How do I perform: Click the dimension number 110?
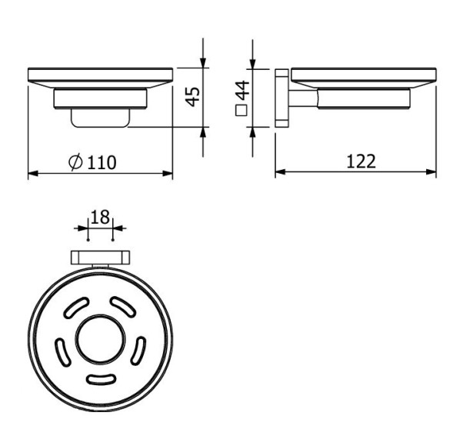(x=100, y=162)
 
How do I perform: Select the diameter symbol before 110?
(x=75, y=162)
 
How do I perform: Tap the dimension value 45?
(x=193, y=95)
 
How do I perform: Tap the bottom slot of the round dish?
(x=100, y=378)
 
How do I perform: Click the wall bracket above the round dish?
(x=100, y=257)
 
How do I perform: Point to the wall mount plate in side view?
(x=281, y=98)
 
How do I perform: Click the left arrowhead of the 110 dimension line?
(x=32, y=175)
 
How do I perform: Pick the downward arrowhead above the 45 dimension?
(x=203, y=62)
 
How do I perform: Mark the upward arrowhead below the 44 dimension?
(x=254, y=132)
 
